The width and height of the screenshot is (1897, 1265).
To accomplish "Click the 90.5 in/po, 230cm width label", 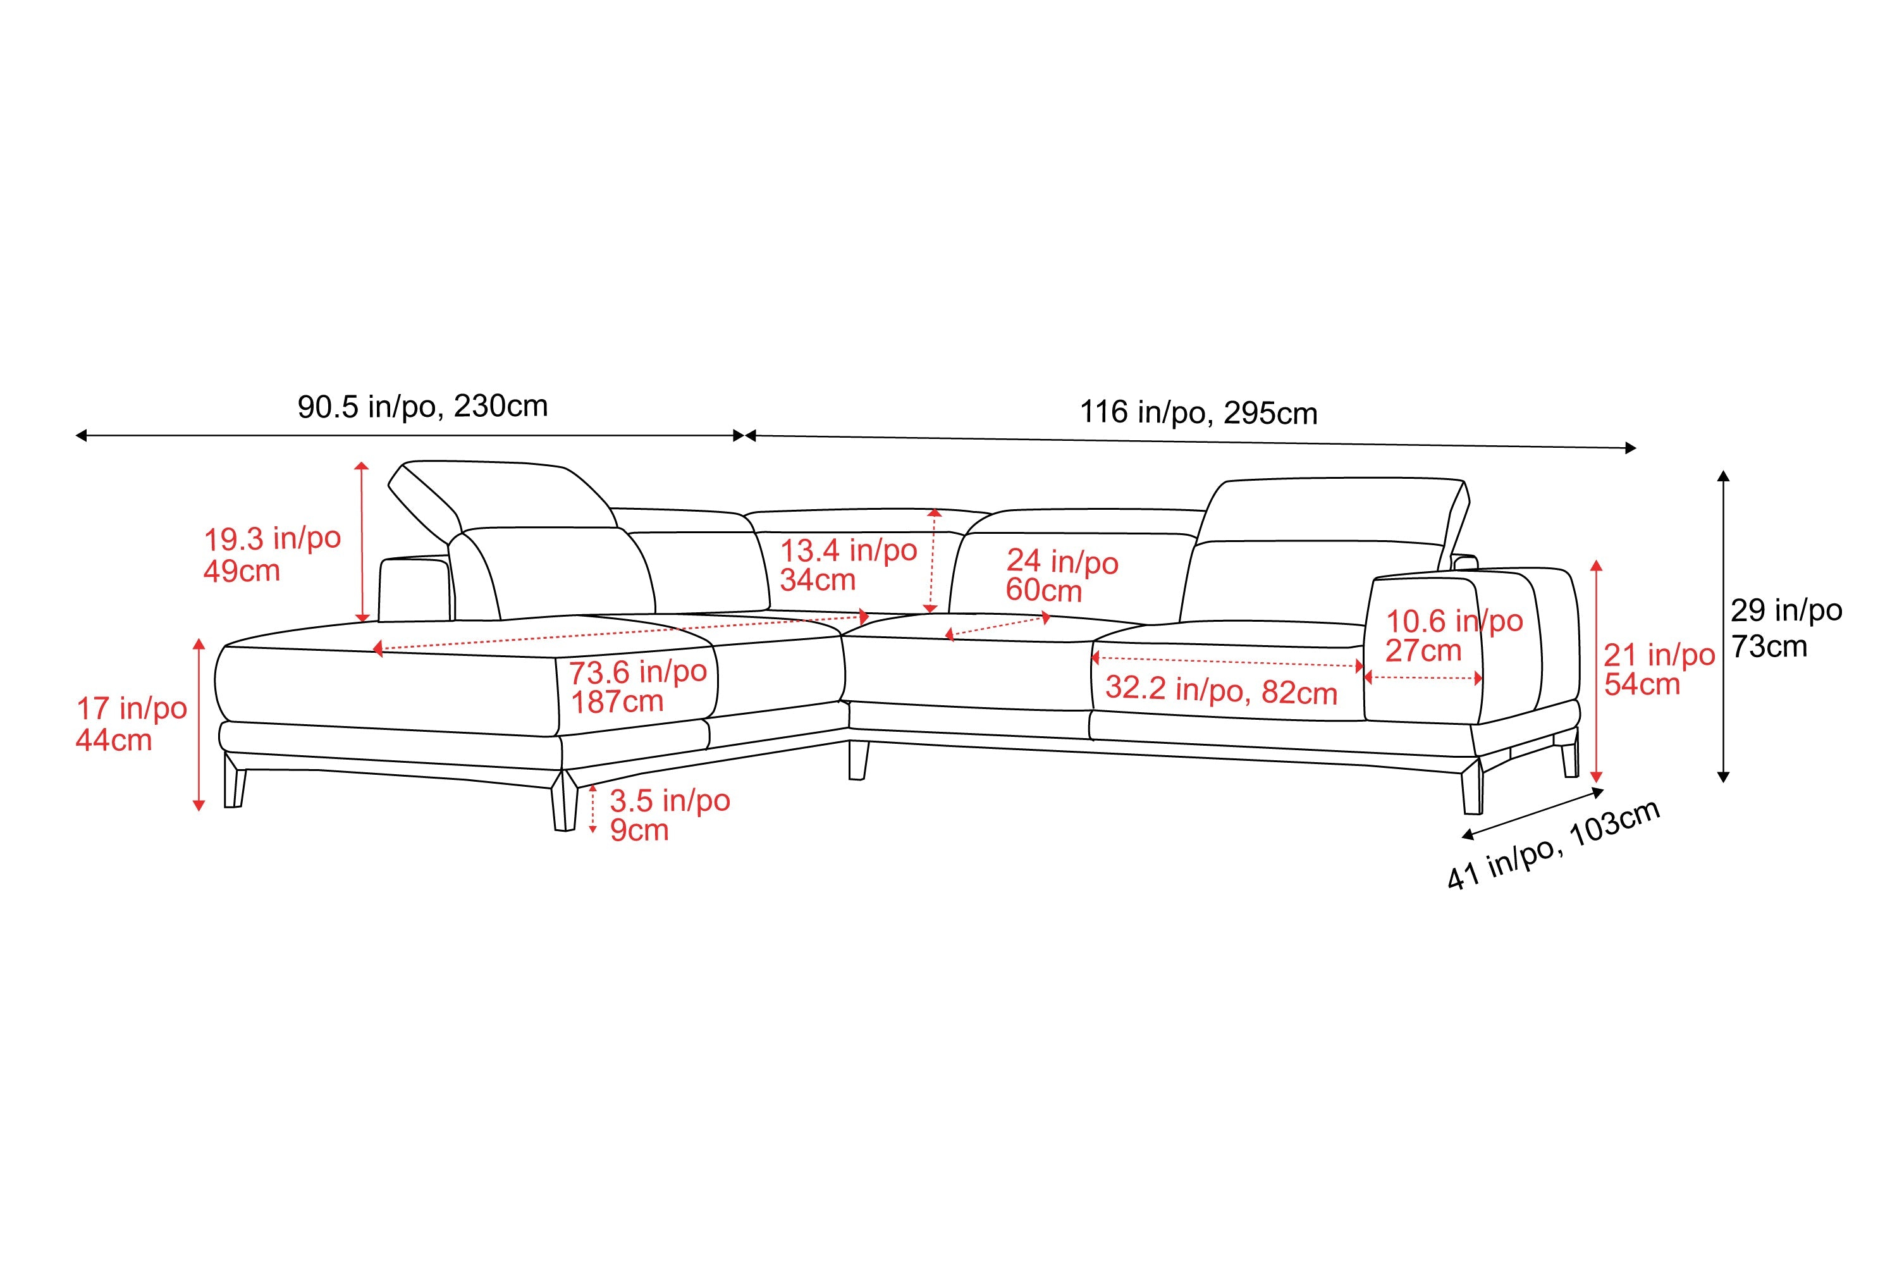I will (422, 407).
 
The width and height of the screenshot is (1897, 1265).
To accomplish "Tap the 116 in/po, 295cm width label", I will (1198, 413).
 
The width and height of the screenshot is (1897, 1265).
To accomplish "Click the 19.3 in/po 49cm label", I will (272, 554).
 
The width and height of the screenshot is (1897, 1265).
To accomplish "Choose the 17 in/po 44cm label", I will (131, 724).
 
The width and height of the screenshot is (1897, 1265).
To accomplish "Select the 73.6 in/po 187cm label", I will (637, 686).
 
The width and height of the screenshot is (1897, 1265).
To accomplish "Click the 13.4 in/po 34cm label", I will (848, 565).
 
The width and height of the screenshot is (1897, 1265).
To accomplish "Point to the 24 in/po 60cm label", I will (1062, 576).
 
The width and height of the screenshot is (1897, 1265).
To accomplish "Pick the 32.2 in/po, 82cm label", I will (1220, 691).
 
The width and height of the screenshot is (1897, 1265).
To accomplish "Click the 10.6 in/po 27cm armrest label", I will (1453, 636).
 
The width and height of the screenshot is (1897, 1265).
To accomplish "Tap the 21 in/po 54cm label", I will (1658, 670).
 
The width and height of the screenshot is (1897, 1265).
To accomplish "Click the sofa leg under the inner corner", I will (858, 760).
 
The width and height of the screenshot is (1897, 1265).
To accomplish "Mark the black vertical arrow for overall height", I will (1724, 626).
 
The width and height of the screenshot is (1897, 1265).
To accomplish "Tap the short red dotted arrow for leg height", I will (593, 808).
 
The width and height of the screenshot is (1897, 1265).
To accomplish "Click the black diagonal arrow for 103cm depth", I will (1532, 811).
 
